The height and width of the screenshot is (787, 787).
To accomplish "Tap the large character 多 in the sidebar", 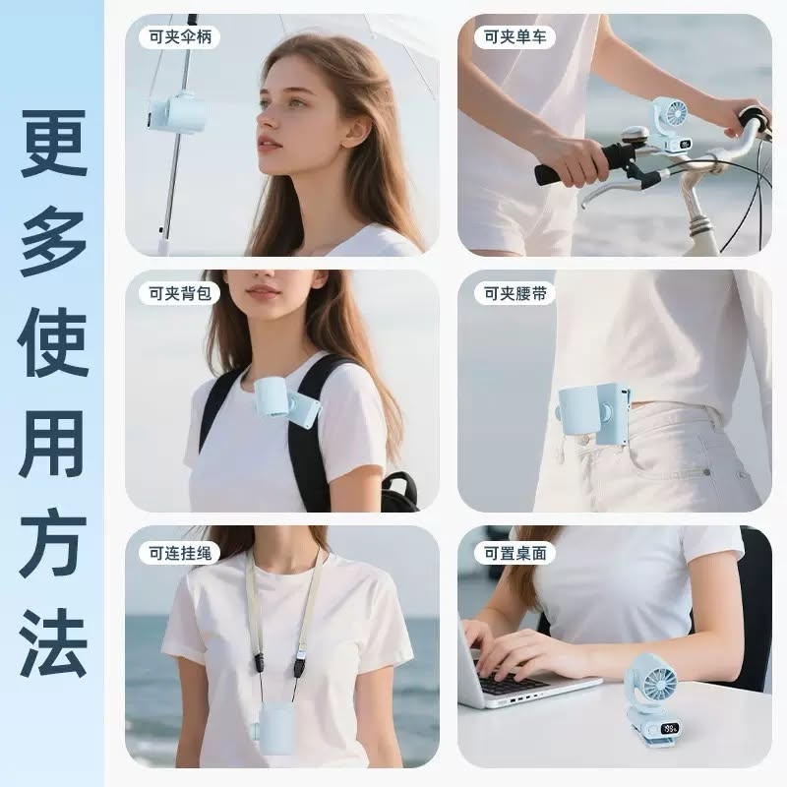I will pyautogui.click(x=54, y=245).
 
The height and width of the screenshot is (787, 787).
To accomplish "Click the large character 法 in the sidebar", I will pyautogui.click(x=54, y=644).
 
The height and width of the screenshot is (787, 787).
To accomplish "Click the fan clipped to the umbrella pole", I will pyautogui.click(x=177, y=114).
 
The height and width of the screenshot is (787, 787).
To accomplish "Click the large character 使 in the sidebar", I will pyautogui.click(x=54, y=343).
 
